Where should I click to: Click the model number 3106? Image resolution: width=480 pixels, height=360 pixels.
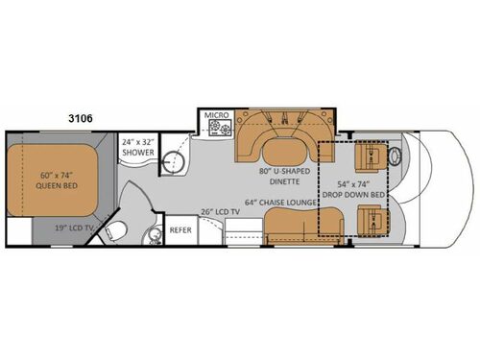click(82, 116)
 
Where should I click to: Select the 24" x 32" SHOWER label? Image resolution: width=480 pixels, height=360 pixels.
click(137, 152)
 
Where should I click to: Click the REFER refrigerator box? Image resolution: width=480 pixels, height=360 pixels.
click(180, 231)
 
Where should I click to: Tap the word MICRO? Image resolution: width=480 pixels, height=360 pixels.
click(215, 116)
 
